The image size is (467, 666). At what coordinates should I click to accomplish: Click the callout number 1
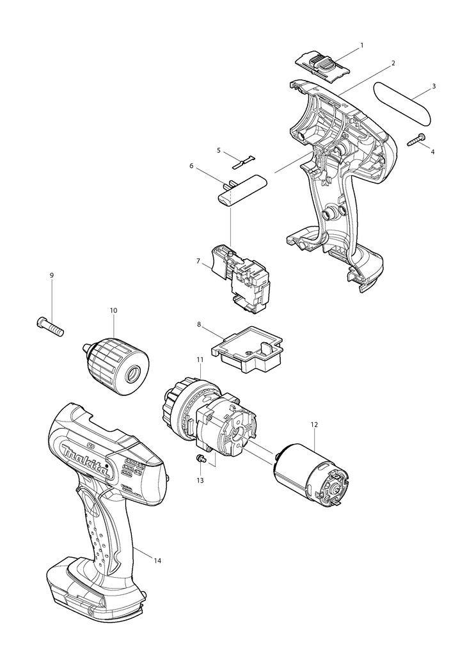(361, 45)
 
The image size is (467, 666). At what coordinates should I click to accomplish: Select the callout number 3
(434, 86)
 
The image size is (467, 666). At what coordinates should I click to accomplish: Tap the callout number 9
(52, 275)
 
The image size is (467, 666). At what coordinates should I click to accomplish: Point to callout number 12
(314, 424)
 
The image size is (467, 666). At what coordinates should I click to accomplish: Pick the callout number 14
(157, 560)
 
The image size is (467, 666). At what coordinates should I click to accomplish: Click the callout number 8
(199, 324)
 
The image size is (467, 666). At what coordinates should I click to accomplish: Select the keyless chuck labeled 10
(120, 361)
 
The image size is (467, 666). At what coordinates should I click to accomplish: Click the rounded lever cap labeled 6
(243, 190)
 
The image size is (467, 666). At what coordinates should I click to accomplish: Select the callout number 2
(393, 63)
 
